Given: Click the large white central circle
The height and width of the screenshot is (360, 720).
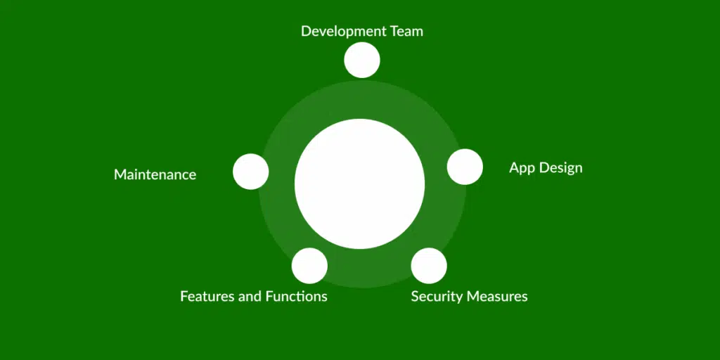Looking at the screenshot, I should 359,184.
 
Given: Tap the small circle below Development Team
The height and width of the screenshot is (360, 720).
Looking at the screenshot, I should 362,60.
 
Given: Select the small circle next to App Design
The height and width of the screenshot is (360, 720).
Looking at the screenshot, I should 465,167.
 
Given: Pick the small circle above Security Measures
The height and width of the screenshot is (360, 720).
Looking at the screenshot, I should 429,266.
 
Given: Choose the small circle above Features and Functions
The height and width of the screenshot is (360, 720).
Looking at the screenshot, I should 309,266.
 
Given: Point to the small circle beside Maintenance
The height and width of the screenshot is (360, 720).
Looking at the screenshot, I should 251,172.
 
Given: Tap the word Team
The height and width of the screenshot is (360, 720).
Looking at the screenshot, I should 404,32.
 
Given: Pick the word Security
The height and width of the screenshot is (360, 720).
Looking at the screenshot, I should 436,296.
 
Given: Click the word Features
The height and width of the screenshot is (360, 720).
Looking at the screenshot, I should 207,296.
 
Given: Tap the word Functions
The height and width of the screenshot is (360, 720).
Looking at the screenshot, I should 296,296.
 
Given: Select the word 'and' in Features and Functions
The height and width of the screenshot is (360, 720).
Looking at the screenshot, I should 250,296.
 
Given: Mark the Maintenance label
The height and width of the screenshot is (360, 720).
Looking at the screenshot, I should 155,174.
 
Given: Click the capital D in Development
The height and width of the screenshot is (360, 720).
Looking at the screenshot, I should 306,32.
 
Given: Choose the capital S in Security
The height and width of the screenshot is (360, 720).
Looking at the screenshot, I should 415,296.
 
